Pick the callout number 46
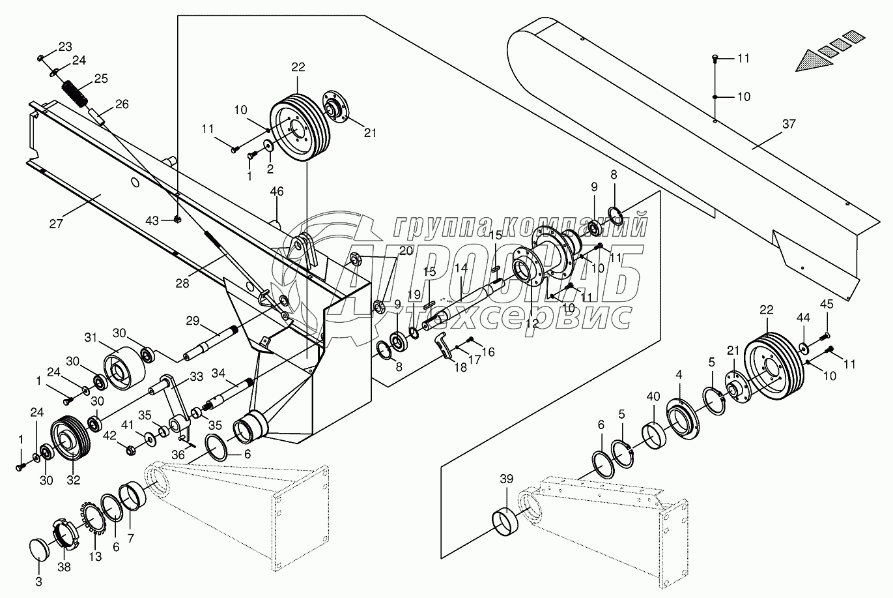[277, 192]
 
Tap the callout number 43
[152, 221]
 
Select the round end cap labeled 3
[43, 550]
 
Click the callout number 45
[826, 304]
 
